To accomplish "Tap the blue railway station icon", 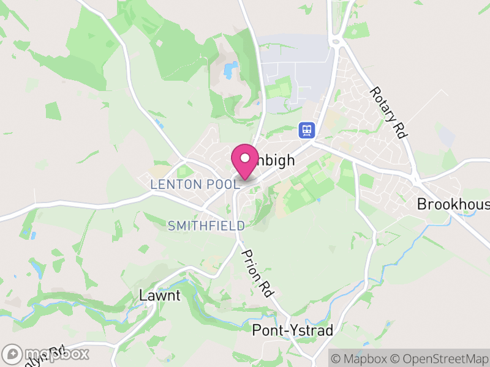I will (x=306, y=130).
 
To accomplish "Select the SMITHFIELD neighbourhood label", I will (x=206, y=226).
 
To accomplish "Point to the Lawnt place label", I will (x=160, y=295).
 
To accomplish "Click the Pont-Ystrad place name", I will (x=293, y=331).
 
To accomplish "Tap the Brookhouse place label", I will (x=453, y=204).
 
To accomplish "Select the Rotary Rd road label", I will (x=388, y=112).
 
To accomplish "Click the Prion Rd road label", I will (x=257, y=273).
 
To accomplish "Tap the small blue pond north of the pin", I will (x=230, y=70).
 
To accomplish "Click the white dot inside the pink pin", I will (x=245, y=158).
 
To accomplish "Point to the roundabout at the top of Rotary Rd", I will (x=335, y=42).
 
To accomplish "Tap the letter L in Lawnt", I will (x=143, y=295).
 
